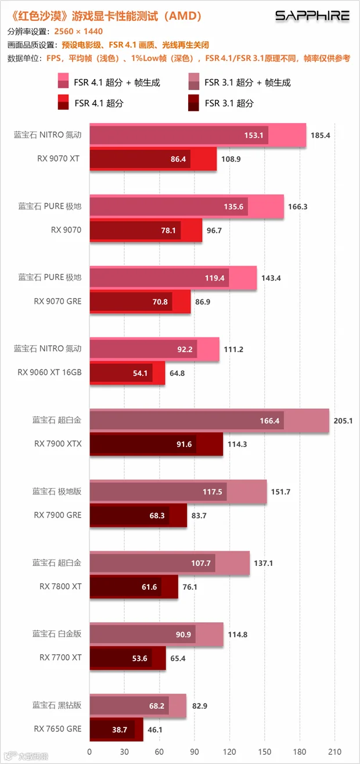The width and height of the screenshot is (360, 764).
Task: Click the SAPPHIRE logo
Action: [x=312, y=16]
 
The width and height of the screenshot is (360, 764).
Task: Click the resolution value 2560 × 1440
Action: [x=78, y=31]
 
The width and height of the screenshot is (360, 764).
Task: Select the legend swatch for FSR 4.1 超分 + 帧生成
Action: [x=63, y=81]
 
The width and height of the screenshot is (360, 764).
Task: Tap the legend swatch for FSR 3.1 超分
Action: [x=193, y=103]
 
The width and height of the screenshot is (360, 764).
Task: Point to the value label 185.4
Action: [x=321, y=135]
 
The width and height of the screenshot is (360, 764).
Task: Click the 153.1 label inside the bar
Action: [x=254, y=135]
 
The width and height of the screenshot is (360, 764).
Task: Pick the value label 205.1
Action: [x=343, y=421]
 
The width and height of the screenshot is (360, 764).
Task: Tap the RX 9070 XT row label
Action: [x=58, y=159]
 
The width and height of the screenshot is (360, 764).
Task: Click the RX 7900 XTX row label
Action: [x=58, y=444]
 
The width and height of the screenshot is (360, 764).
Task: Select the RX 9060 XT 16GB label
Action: [x=49, y=372]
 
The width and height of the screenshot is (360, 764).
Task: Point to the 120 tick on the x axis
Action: [x=229, y=752]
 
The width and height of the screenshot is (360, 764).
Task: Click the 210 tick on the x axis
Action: [x=335, y=752]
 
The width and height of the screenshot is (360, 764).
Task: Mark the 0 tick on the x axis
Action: [x=89, y=752]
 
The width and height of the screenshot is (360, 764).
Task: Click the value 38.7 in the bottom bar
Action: [x=120, y=730]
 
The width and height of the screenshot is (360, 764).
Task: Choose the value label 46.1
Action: [x=155, y=730]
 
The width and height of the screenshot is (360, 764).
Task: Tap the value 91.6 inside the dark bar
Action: [x=184, y=444]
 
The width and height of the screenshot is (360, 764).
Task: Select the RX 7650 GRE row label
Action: [x=57, y=729]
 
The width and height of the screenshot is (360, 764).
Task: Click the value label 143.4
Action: [x=271, y=278]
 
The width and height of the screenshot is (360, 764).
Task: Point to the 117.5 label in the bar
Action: [x=213, y=492]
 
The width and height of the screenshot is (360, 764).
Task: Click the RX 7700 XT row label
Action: [x=60, y=658]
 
